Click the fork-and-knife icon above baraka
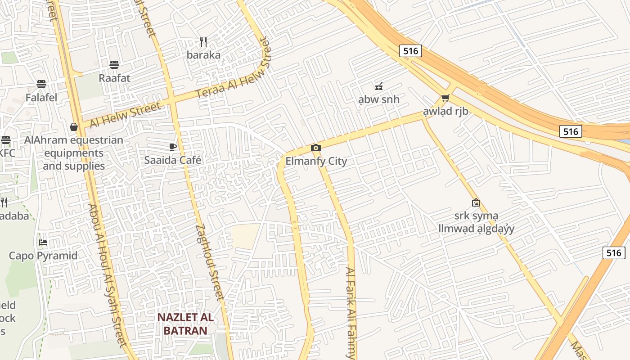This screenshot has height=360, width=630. click(x=203, y=42)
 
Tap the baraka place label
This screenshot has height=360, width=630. click(x=204, y=55)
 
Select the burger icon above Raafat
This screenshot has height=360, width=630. click(x=114, y=65)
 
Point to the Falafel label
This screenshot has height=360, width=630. click(x=41, y=97)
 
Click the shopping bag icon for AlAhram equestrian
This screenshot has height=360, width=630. click(x=74, y=127)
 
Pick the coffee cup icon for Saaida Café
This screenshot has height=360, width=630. click(x=172, y=147)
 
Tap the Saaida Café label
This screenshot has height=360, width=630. click(x=173, y=160)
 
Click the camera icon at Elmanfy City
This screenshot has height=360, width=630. click(x=316, y=148)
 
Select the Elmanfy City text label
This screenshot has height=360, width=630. click(x=316, y=161)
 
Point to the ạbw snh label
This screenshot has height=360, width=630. click(x=378, y=99)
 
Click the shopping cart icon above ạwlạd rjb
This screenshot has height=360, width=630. click(x=445, y=98)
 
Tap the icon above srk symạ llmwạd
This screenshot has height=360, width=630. click(x=476, y=203)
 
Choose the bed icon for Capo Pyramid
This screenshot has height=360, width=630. click(x=43, y=243)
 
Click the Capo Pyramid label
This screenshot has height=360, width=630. click(x=43, y=256)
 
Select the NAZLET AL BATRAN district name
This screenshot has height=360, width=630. click(x=185, y=324)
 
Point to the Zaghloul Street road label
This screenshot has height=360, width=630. click(x=210, y=262)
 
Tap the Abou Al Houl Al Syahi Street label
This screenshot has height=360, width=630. click(x=106, y=274)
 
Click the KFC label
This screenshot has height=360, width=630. click(x=7, y=153)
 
